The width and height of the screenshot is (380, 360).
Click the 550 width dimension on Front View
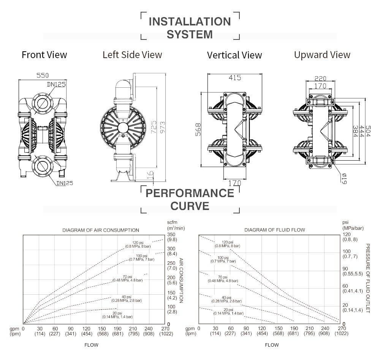tap(42, 75)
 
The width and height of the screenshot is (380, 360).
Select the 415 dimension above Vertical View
tap(234, 78)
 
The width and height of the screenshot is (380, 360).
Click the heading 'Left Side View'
tap(132, 55)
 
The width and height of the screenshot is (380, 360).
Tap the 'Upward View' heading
tap(322, 55)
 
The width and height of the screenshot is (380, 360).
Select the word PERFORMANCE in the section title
tap(190, 193)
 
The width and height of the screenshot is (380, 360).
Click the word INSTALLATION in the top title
tap(190, 21)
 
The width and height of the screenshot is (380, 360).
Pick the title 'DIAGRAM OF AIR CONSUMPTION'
tap(101, 230)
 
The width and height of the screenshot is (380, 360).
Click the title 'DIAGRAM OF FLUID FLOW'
tap(274, 230)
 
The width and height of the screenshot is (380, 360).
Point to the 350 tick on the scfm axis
tap(171, 234)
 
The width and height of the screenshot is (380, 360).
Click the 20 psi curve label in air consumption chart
tap(117, 314)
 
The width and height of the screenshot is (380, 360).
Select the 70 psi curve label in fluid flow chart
tap(223, 279)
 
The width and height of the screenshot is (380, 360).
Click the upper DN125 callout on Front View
tap(56, 84)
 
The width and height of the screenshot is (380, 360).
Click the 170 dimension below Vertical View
tap(235, 183)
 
